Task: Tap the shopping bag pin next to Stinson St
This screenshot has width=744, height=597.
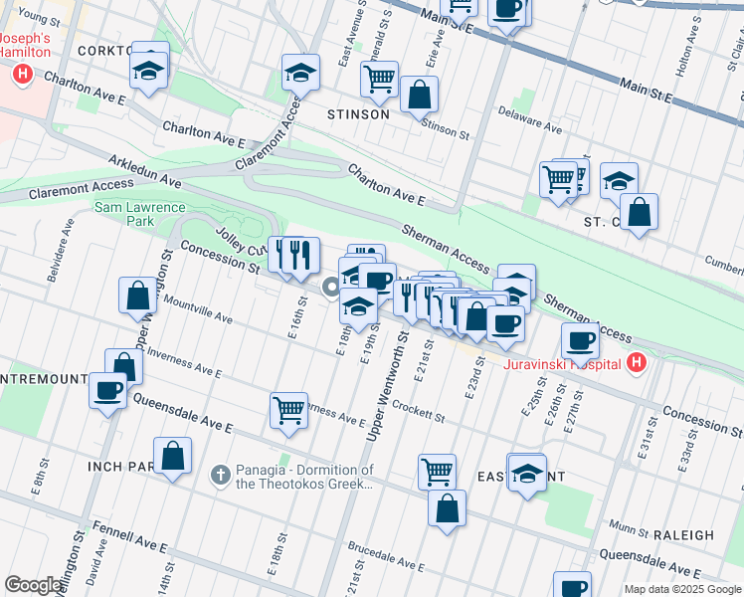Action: tap(420, 97)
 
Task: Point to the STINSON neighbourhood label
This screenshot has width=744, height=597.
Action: tap(358, 114)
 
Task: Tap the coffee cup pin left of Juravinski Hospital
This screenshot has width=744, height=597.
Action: tap(579, 340)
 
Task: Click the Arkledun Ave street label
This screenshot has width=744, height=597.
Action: tap(145, 170)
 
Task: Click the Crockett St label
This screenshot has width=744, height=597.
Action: tap(417, 408)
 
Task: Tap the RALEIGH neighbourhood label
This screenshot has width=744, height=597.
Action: tap(684, 534)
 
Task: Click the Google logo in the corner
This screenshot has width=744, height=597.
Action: tap(35, 585)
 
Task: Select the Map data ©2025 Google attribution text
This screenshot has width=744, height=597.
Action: tap(682, 589)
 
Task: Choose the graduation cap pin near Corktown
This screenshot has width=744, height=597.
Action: tap(149, 71)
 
